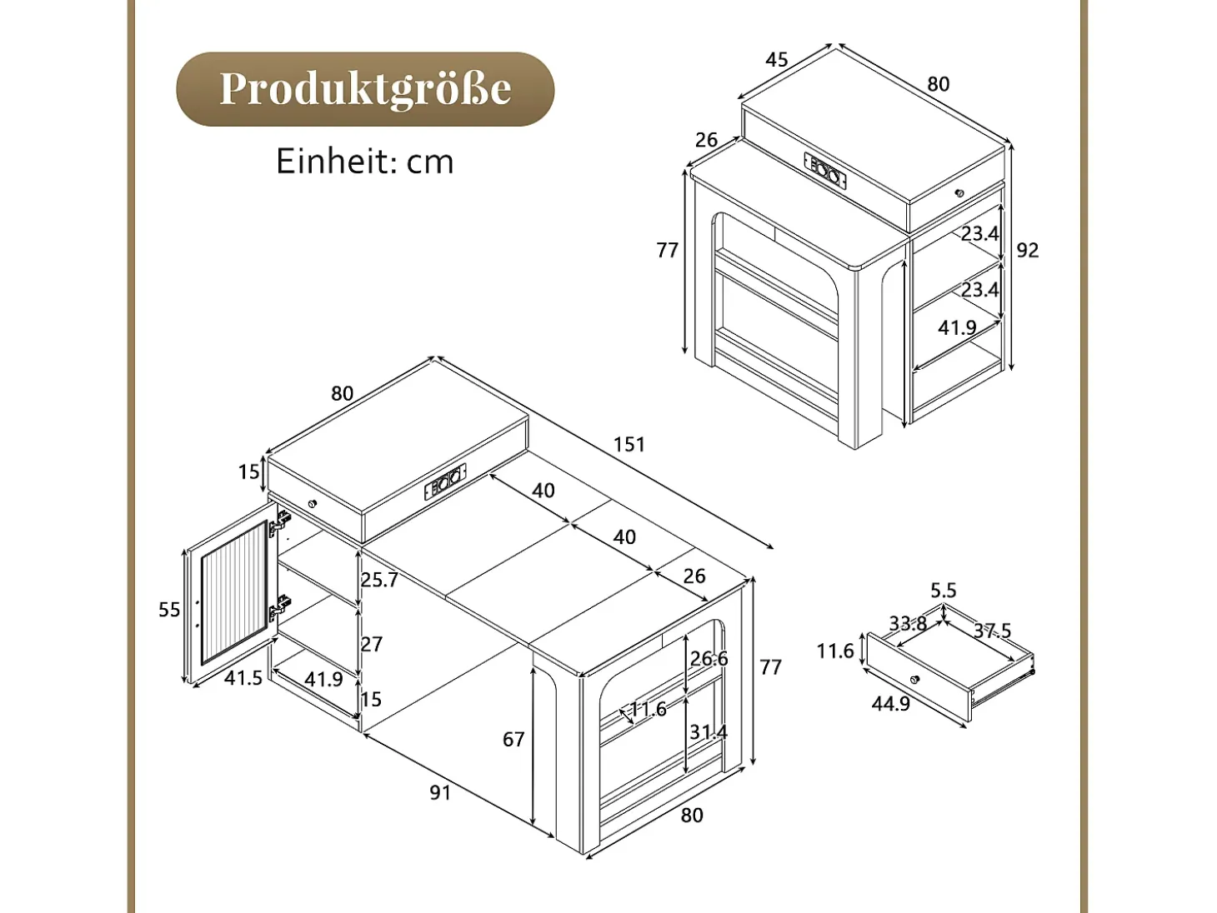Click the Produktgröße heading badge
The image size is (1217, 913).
tap(365, 89)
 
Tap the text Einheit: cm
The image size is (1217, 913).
tap(365, 162)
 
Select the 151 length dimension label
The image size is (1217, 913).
tap(629, 444)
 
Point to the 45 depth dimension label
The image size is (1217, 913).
tap(777, 60)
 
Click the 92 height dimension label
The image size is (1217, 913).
tap(1028, 251)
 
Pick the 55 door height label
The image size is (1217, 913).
tap(170, 610)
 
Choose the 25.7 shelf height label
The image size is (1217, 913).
tap(380, 580)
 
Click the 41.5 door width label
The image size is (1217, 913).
tap(243, 678)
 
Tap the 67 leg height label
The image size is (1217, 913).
tap(513, 740)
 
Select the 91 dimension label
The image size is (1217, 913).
tap(440, 793)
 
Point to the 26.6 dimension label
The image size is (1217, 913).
tap(709, 658)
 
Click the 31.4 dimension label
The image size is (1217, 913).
tap(709, 732)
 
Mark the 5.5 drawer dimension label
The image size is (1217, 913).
tap(944, 591)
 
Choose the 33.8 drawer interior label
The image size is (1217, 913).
tap(909, 624)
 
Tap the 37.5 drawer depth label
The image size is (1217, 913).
tap(993, 631)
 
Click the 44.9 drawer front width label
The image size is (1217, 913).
tap(891, 704)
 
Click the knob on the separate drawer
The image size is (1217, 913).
tap(914, 679)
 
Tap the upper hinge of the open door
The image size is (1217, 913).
tap(281, 523)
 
